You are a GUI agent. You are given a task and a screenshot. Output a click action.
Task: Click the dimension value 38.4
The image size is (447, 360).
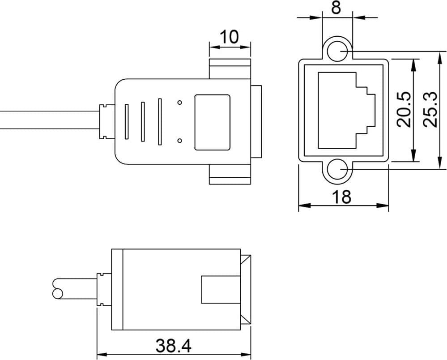point(173,346)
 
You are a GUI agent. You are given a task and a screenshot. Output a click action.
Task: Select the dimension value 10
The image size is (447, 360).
point(230,37)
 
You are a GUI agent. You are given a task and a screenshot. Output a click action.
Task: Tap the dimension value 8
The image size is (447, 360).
point(336,8)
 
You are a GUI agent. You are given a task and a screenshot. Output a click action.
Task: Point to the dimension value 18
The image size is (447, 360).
point(342,197)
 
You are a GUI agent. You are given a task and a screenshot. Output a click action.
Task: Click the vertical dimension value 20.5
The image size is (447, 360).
point(404,109)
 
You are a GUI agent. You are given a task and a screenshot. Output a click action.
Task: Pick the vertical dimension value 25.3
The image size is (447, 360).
point(430,109)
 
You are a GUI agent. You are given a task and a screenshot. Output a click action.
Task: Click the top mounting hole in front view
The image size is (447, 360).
point(337,51)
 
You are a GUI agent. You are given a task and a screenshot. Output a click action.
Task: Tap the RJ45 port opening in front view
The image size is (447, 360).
point(346,111)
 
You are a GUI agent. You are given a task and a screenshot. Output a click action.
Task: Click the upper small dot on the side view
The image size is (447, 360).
point(179,103)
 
